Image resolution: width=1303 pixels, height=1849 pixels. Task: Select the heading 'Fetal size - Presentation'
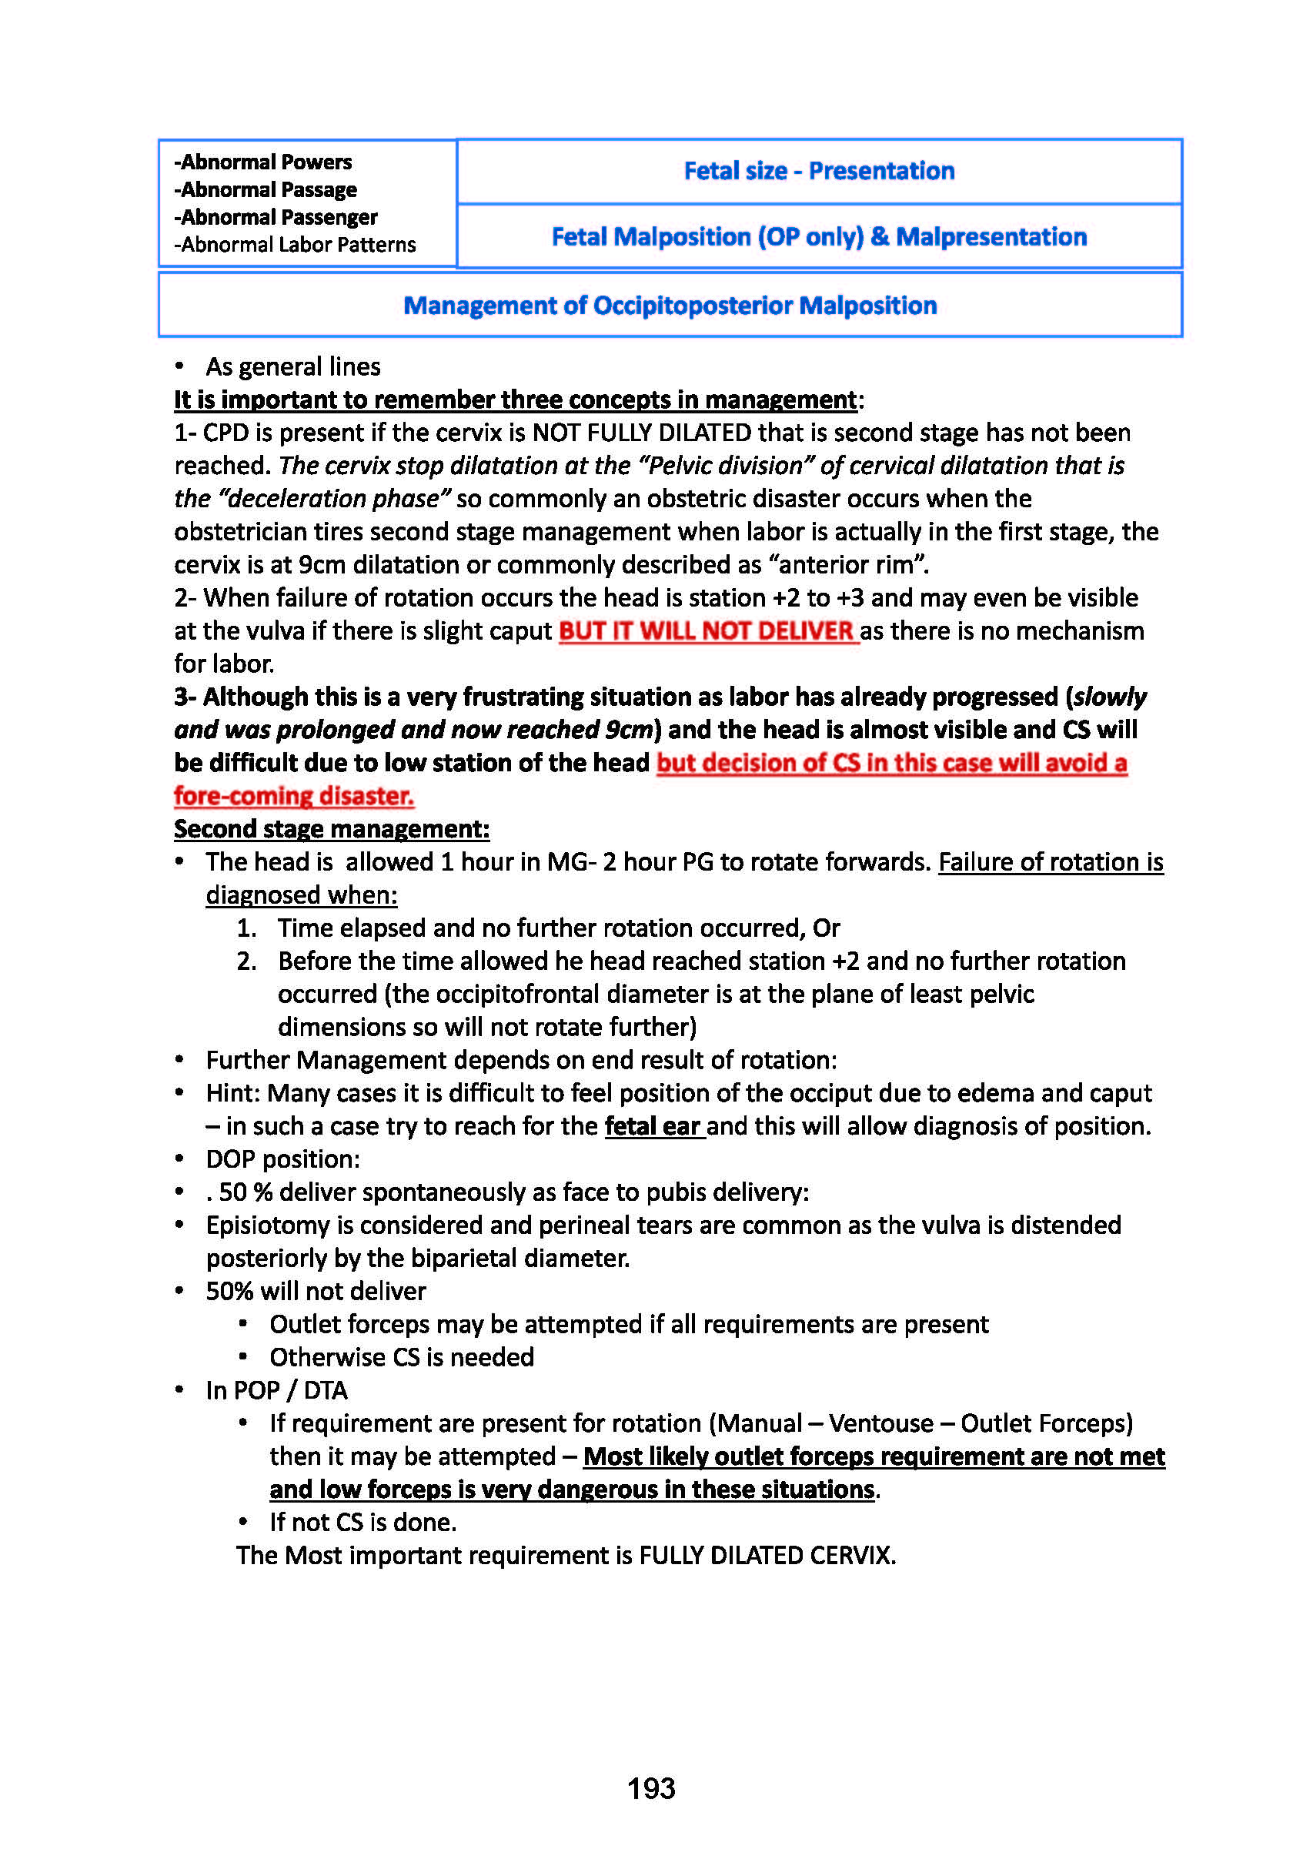coord(819,171)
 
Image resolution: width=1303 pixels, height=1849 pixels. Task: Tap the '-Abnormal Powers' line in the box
coord(263,162)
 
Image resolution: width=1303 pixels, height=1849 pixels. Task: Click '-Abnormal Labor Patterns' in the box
coord(296,245)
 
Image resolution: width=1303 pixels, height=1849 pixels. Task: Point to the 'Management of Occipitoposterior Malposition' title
coord(670,305)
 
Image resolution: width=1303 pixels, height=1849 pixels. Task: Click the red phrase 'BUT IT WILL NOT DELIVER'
coord(707,630)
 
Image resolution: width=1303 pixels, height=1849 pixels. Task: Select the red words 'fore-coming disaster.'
coord(294,796)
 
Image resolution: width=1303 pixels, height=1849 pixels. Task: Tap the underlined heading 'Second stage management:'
coord(332,829)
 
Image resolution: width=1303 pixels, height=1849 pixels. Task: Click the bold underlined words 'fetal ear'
coord(654,1126)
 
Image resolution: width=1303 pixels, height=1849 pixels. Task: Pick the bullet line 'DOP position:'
coord(282,1159)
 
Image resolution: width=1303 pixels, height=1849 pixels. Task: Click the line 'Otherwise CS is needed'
coord(402,1357)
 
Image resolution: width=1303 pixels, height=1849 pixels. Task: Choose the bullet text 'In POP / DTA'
coord(277,1390)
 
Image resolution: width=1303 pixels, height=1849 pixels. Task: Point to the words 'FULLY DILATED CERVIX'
coord(766,1555)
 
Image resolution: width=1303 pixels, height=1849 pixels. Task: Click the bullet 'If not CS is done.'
coord(363,1522)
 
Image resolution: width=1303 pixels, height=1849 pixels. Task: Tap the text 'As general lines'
coord(293,367)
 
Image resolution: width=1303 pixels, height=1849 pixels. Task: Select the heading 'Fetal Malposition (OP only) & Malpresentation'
coord(819,237)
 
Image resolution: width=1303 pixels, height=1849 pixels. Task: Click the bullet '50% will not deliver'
coord(316,1291)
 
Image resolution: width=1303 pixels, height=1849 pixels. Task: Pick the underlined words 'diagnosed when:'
coord(301,894)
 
